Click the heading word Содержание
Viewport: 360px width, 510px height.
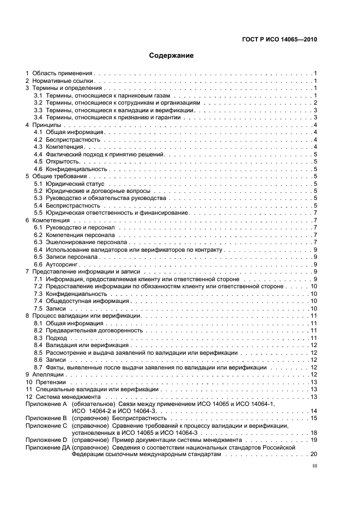[172, 56]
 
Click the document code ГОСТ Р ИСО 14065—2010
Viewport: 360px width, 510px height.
[279, 39]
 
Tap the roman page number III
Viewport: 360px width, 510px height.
[314, 466]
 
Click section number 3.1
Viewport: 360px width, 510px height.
[38, 95]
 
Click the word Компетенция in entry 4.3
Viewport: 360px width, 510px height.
[65, 147]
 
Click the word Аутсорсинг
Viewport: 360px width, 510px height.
[64, 264]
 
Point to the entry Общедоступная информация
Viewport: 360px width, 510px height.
[80, 301]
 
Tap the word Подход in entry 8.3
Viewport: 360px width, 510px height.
[57, 338]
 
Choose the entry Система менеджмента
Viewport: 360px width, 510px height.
[68, 397]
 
